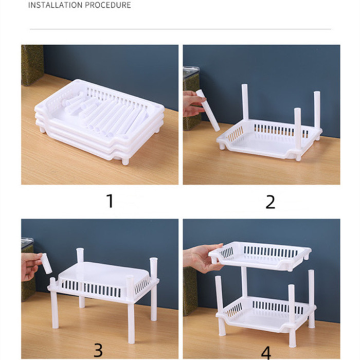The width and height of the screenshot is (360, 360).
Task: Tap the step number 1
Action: point(109,201)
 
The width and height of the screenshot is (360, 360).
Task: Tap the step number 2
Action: point(271,202)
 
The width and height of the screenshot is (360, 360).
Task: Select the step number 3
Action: point(98,349)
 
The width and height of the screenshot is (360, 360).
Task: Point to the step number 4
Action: point(266,351)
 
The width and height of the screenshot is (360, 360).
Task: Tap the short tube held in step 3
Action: point(46,263)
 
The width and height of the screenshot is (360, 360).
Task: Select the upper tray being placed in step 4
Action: point(262,255)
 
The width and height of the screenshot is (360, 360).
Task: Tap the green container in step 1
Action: point(32,64)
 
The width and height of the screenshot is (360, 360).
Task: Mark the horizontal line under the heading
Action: point(180,29)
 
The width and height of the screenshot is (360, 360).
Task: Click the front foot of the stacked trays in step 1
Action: point(124,161)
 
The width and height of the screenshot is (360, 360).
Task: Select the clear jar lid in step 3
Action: point(27,242)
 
